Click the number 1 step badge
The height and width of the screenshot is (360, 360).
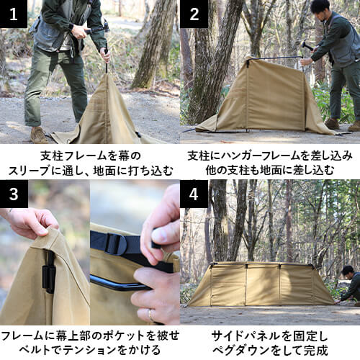pos(14,14)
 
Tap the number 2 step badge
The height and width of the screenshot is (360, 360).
pos(194,14)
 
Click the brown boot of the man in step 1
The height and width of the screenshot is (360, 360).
pos(38,135)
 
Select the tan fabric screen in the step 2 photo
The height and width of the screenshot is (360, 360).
pos(256,101)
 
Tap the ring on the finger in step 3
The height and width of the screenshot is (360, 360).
pos(150,315)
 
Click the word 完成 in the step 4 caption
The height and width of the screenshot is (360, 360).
pos(315,351)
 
